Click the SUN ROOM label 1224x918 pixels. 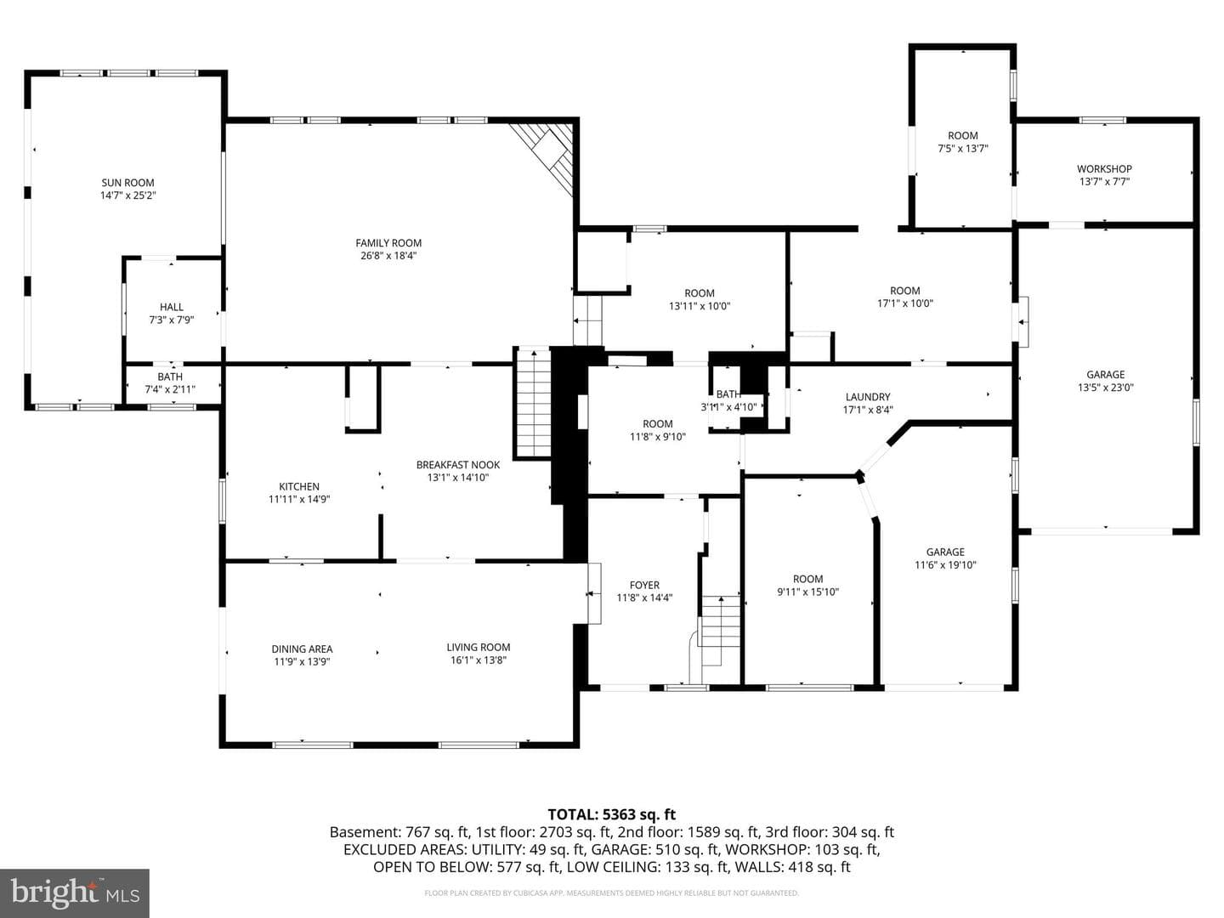coord(127,183)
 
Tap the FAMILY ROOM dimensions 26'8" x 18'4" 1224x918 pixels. coord(388,256)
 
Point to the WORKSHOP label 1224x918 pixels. coord(1104,169)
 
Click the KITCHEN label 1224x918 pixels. coord(299,486)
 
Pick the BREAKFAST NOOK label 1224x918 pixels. coord(458,465)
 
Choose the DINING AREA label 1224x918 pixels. coord(303,649)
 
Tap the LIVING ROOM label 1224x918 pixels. coord(479,648)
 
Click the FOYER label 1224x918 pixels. coord(644,586)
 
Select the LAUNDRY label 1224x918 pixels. coord(868,397)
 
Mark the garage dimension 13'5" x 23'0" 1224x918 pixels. coord(1106,388)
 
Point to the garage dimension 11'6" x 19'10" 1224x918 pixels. coord(945,565)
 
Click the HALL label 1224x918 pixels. coord(172,307)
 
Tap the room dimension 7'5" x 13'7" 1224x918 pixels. coord(963,149)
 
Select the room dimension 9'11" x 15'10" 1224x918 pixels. coord(808,592)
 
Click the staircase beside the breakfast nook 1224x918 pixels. coord(534,403)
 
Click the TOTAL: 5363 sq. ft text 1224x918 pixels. coord(612,815)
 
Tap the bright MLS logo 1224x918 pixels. coord(75,893)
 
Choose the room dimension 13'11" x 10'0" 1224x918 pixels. coord(700,306)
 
